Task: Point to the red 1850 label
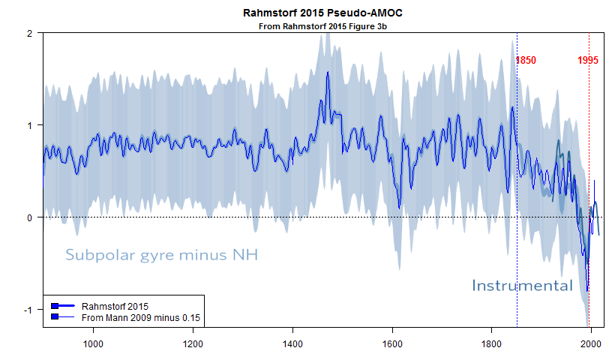pos(526,61)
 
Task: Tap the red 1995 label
pos(588,61)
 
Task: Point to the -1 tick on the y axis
pos(27,310)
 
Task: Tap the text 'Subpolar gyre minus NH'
pos(162,255)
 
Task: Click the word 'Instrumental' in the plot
pos(522,285)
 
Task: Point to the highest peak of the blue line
pos(328,73)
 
